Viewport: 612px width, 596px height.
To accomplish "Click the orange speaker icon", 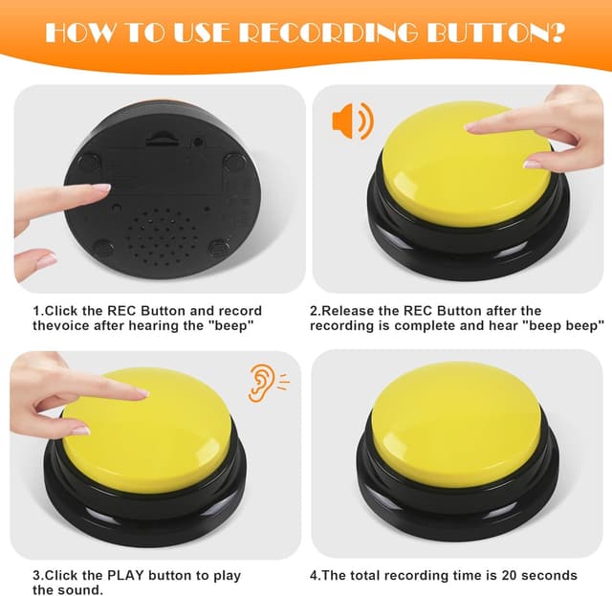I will tap(351, 121).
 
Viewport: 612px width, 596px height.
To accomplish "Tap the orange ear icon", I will tap(261, 383).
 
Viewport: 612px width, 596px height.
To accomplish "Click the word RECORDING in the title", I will tap(323, 32).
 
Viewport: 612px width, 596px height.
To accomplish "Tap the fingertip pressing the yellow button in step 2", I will tap(475, 124).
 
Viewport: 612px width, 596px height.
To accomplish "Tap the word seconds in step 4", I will tap(551, 576).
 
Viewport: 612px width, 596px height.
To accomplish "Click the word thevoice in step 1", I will tap(60, 326).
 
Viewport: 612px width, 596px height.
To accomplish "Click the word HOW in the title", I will tap(77, 32).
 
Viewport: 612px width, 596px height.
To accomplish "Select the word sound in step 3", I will tap(79, 590).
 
